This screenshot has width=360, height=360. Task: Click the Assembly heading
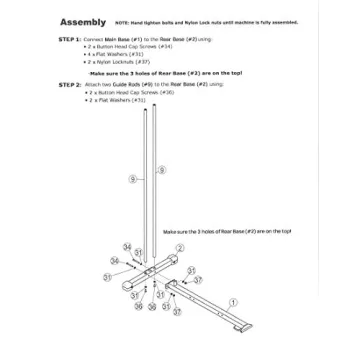(84, 21)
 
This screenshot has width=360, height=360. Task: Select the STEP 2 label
(71, 84)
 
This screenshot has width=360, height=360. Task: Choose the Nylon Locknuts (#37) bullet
(116, 61)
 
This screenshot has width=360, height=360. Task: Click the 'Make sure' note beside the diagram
(226, 230)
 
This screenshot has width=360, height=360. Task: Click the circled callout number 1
(232, 301)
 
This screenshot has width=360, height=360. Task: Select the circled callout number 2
(179, 247)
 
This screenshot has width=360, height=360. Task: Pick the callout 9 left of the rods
(131, 177)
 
